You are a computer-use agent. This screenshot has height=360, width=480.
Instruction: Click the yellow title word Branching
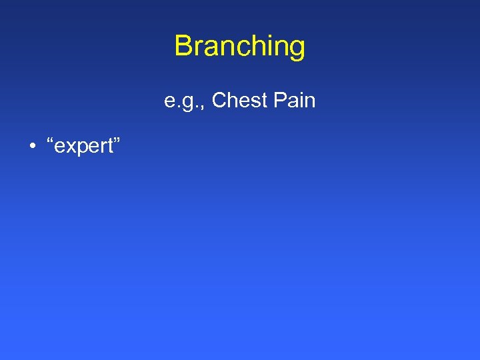click(240, 47)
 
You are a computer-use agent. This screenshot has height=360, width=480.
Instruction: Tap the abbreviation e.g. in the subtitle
click(183, 102)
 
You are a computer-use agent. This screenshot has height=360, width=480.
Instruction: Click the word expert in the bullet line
click(81, 147)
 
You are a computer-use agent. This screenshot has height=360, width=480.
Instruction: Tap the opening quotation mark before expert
click(49, 141)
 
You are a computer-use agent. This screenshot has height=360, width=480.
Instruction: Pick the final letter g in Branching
click(297, 49)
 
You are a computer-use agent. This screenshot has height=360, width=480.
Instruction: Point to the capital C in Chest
click(219, 101)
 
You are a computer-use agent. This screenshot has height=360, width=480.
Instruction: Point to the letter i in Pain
click(303, 101)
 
